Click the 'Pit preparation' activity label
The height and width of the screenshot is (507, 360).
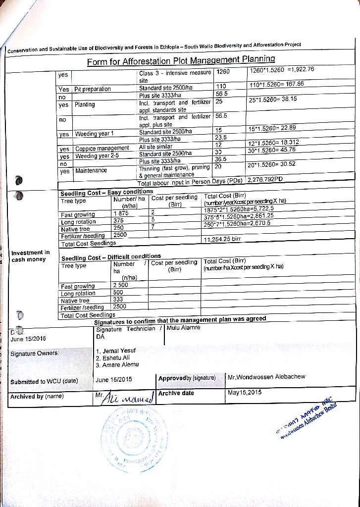93,90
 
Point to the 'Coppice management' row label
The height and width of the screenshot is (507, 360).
102,148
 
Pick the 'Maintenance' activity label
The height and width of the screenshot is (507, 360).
91,171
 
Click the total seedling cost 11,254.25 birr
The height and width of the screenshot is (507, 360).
222,239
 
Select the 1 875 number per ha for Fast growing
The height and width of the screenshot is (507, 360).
121,214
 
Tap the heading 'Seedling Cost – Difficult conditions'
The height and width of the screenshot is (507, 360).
111,257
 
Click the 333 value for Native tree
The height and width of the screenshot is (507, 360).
118,300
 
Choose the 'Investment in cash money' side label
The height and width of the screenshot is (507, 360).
31,256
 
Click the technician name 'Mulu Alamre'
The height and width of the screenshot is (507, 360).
184,328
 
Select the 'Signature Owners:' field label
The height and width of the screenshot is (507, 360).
35,354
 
